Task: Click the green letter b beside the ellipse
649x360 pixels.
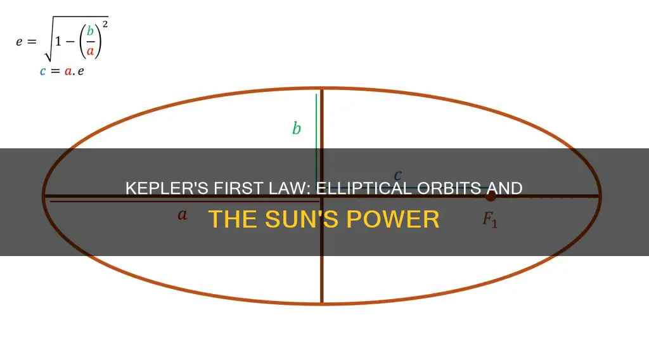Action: click(297, 128)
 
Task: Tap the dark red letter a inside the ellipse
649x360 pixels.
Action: click(182, 215)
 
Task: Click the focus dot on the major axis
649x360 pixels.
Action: click(491, 196)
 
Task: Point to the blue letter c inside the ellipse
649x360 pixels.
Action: click(398, 176)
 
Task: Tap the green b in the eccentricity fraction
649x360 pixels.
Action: click(90, 31)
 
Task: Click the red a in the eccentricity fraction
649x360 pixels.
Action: click(90, 51)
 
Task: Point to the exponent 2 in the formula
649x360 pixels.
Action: click(105, 24)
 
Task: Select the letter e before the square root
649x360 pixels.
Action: click(19, 42)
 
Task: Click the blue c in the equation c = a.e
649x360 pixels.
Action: click(42, 71)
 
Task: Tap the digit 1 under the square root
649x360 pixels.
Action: click(58, 41)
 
